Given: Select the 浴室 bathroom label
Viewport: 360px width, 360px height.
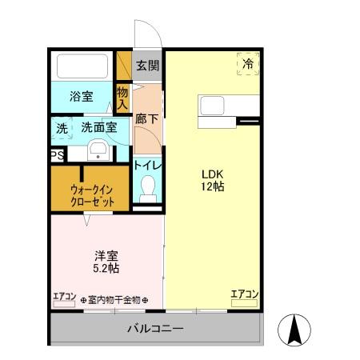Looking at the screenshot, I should pyautogui.click(x=81, y=97).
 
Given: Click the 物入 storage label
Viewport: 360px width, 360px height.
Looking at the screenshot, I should pyautogui.click(x=122, y=98).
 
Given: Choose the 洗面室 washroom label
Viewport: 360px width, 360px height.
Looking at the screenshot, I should pyautogui.click(x=99, y=127).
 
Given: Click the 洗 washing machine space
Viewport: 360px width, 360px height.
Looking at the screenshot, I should pyautogui.click(x=62, y=127).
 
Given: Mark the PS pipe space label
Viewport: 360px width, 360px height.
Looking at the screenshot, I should pyautogui.click(x=57, y=156).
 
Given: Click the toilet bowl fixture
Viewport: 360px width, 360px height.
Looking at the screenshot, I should pyautogui.click(x=147, y=189).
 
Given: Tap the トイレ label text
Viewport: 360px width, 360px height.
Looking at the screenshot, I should pyautogui.click(x=148, y=165).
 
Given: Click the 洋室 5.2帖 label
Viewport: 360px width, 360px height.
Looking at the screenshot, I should pyautogui.click(x=106, y=262).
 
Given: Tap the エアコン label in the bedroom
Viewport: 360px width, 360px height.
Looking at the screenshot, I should pyautogui.click(x=64, y=297).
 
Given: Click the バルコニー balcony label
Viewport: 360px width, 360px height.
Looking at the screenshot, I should pyautogui.click(x=156, y=329).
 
